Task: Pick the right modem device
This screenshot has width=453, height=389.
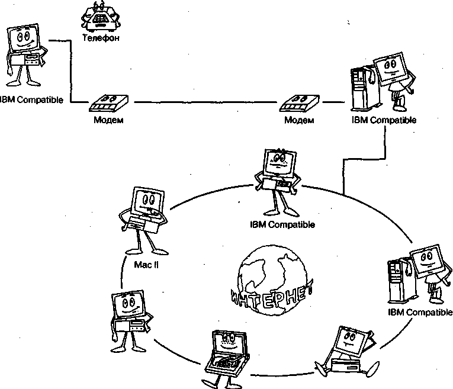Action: click(x=299, y=103)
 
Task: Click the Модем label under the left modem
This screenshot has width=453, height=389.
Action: click(x=108, y=120)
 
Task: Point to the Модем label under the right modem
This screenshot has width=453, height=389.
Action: click(x=299, y=120)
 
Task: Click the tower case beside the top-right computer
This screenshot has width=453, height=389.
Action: click(x=360, y=89)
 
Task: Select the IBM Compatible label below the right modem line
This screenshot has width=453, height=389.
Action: click(x=384, y=120)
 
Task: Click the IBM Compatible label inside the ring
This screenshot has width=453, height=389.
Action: click(x=282, y=224)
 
